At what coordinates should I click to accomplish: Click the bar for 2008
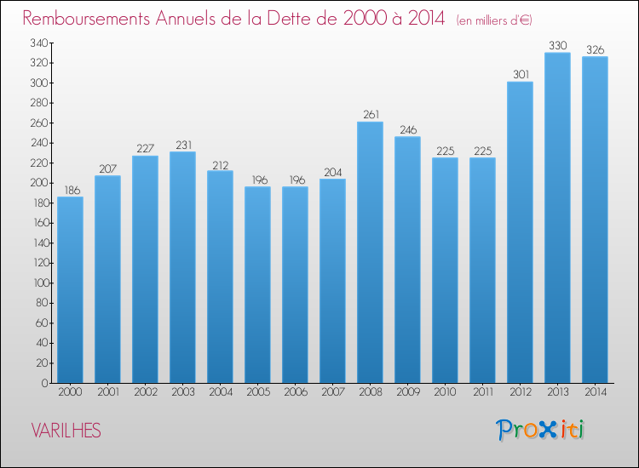(x=370, y=253)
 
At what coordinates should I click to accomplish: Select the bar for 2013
(x=557, y=218)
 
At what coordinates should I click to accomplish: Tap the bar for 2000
(x=70, y=290)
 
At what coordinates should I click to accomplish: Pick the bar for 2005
(x=257, y=285)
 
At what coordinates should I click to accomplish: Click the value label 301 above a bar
(x=521, y=75)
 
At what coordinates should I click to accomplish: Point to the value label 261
(x=371, y=114)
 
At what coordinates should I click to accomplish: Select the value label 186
(x=72, y=190)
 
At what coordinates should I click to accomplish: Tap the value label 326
(x=595, y=49)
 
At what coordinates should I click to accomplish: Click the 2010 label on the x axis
(x=445, y=392)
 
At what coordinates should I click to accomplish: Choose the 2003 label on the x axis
(x=182, y=392)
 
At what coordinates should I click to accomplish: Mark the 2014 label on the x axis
(x=596, y=392)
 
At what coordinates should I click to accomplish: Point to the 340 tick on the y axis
(x=39, y=43)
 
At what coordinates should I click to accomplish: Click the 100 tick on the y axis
(x=41, y=283)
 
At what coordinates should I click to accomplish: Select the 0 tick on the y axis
(x=45, y=383)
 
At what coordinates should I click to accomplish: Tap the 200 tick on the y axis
(x=39, y=183)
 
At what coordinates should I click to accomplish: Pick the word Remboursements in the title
(x=86, y=19)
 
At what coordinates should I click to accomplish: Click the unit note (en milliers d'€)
(x=494, y=20)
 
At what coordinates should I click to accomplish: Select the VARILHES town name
(x=66, y=431)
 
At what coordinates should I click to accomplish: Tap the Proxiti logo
(x=539, y=430)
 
